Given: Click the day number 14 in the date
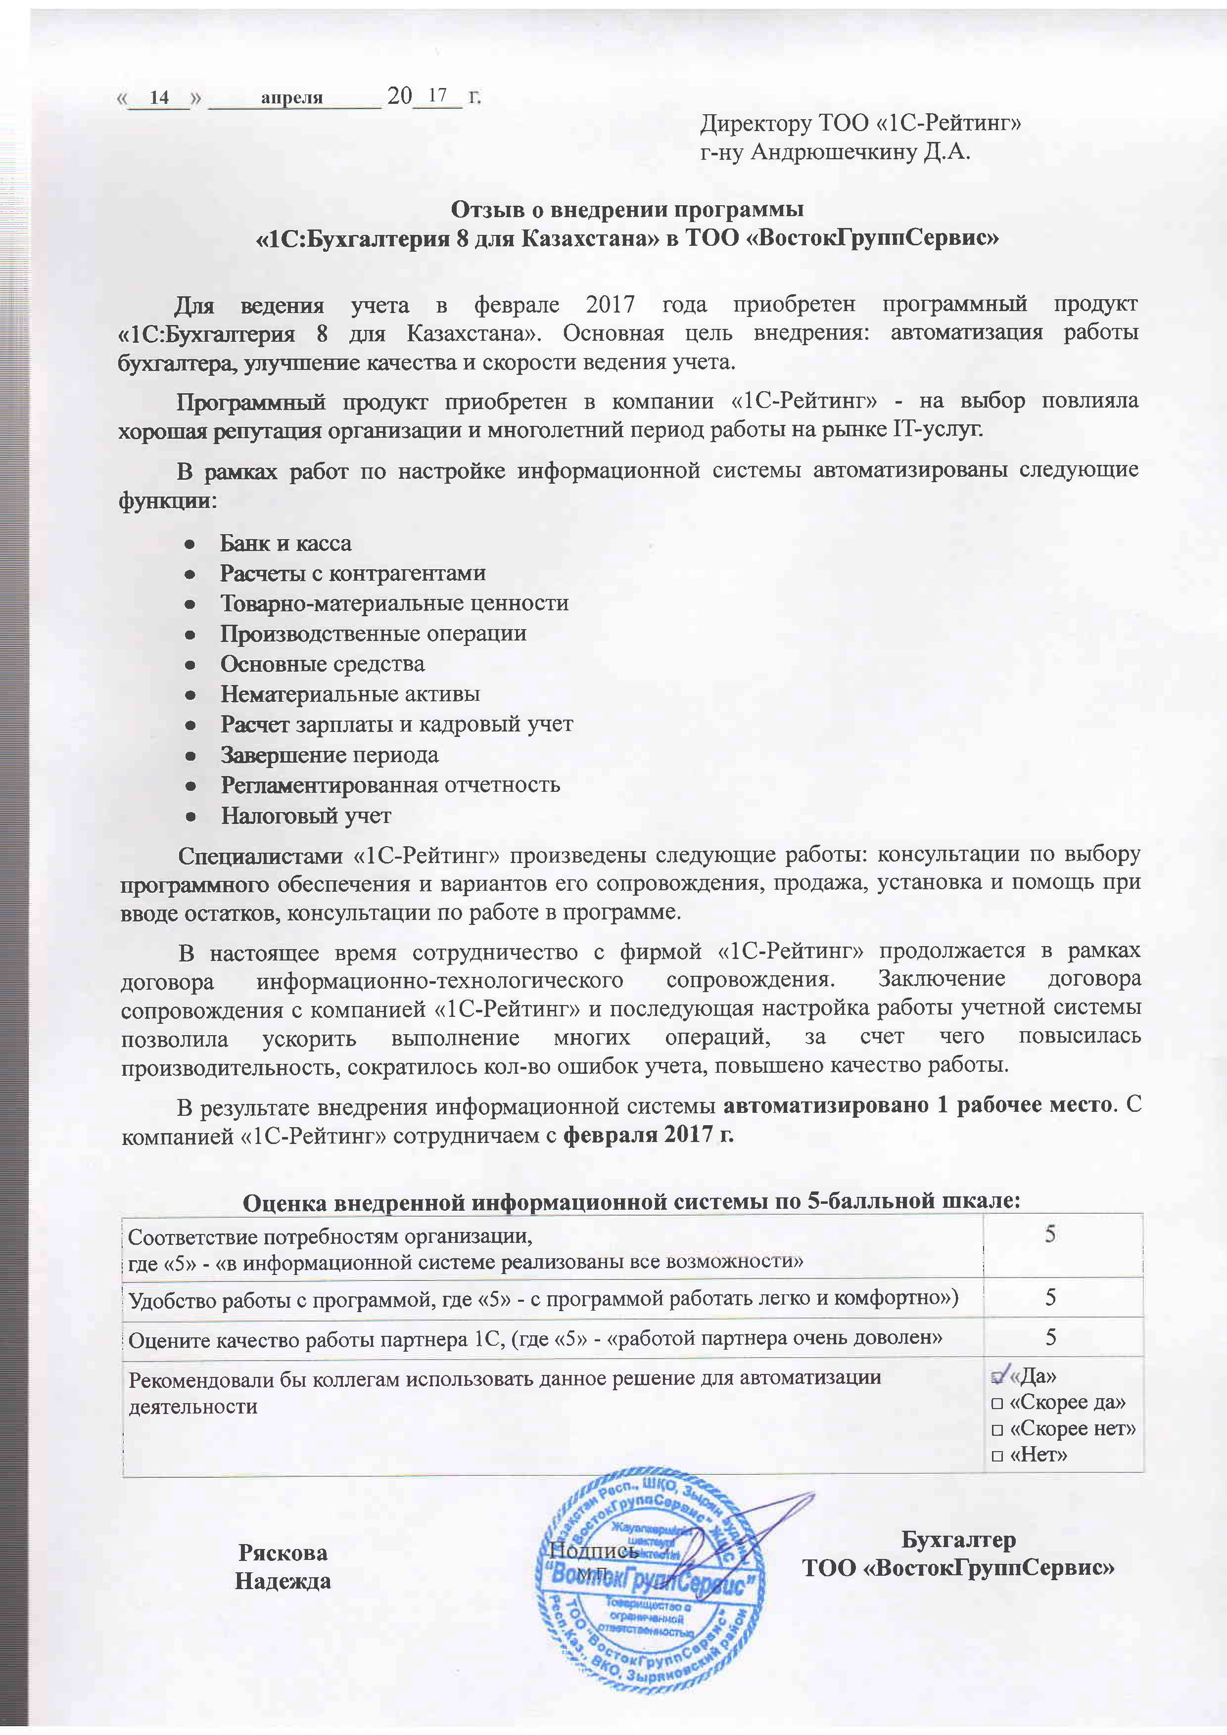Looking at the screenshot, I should click(159, 97).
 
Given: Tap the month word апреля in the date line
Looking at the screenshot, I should click(292, 97).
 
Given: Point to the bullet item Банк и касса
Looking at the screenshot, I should click(285, 544).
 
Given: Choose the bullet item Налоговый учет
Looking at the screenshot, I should click(305, 816).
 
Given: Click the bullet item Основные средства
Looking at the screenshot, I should click(322, 664).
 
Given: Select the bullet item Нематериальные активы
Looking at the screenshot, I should click(350, 694).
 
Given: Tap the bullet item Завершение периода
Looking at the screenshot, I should click(329, 755).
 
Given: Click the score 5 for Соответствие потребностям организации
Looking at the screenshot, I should click(1050, 1234).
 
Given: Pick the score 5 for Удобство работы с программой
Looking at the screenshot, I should click(1050, 1297).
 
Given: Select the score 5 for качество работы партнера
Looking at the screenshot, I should click(1050, 1337).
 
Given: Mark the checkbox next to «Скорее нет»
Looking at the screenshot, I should click(996, 1430).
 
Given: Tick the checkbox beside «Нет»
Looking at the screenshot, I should click(996, 1456).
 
